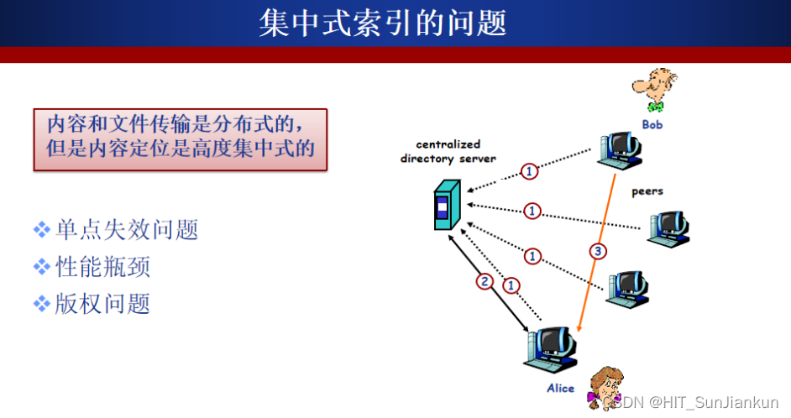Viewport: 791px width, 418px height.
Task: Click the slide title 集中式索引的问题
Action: tap(383, 23)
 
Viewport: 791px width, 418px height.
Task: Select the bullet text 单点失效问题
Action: tap(127, 229)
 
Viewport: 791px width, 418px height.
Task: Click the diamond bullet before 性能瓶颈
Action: tap(42, 267)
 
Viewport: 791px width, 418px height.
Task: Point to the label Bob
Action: tap(652, 125)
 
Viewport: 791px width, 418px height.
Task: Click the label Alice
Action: tap(560, 388)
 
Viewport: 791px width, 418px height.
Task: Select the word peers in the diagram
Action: tap(647, 191)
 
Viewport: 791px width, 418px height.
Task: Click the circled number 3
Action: tap(597, 251)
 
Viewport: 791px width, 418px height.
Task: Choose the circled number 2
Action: tap(484, 281)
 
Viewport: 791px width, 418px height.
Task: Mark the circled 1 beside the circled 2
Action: tap(510, 286)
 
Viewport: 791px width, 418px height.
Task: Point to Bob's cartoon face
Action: tap(654, 87)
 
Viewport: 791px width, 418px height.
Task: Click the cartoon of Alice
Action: tap(603, 387)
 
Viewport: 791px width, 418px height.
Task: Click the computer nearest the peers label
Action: tap(669, 227)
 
